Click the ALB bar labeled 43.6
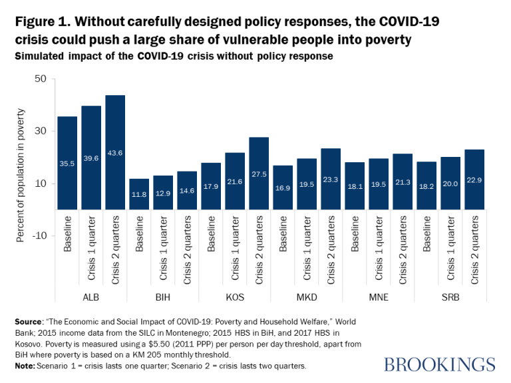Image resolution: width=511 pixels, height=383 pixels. tap(115, 152)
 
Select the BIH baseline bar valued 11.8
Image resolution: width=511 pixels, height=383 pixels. tap(139, 194)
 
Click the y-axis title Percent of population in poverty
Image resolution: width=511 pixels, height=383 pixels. tap(21, 157)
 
